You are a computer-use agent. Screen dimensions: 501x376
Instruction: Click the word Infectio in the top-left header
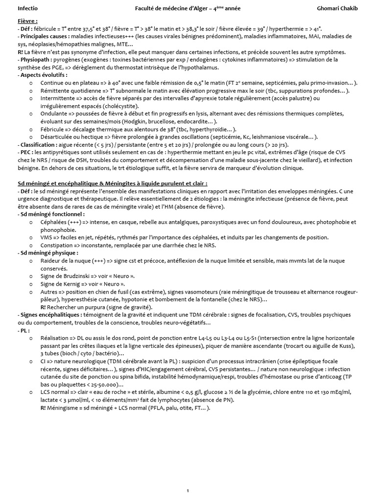(x=27, y=8)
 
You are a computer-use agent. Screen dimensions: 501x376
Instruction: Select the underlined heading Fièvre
(x=28, y=21)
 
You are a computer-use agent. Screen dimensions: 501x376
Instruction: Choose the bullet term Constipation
(x=56, y=245)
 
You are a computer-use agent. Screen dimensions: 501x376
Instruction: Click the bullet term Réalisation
(x=55, y=338)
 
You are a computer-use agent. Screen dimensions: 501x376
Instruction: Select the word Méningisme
(x=66, y=408)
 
